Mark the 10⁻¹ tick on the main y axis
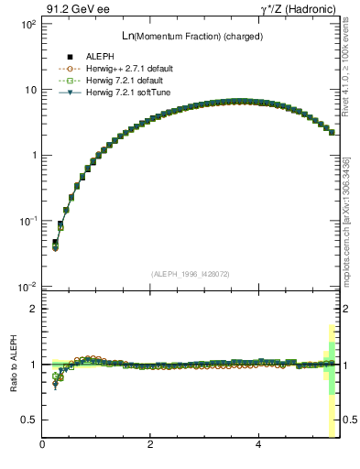click(x=27, y=221)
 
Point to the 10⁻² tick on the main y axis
click(x=27, y=287)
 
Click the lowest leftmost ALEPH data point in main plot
click(x=55, y=243)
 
